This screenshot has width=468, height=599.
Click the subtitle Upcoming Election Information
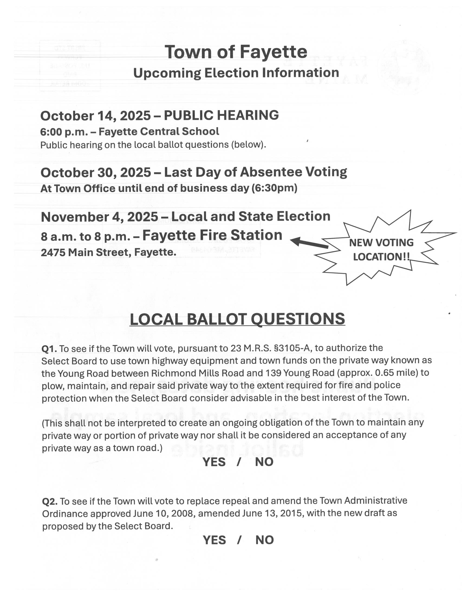[236, 73]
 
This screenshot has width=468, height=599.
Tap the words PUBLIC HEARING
[221, 115]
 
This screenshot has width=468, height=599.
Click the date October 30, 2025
[96, 173]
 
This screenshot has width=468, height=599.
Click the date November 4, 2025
[99, 217]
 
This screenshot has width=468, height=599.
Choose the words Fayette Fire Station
[212, 235]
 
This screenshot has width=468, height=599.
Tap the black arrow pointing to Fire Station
[309, 243]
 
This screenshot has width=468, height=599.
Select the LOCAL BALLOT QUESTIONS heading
[237, 319]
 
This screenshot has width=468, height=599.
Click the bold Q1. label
[49, 349]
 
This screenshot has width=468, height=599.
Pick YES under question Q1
[214, 462]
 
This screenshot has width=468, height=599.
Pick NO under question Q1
[264, 462]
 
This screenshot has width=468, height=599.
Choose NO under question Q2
[264, 540]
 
